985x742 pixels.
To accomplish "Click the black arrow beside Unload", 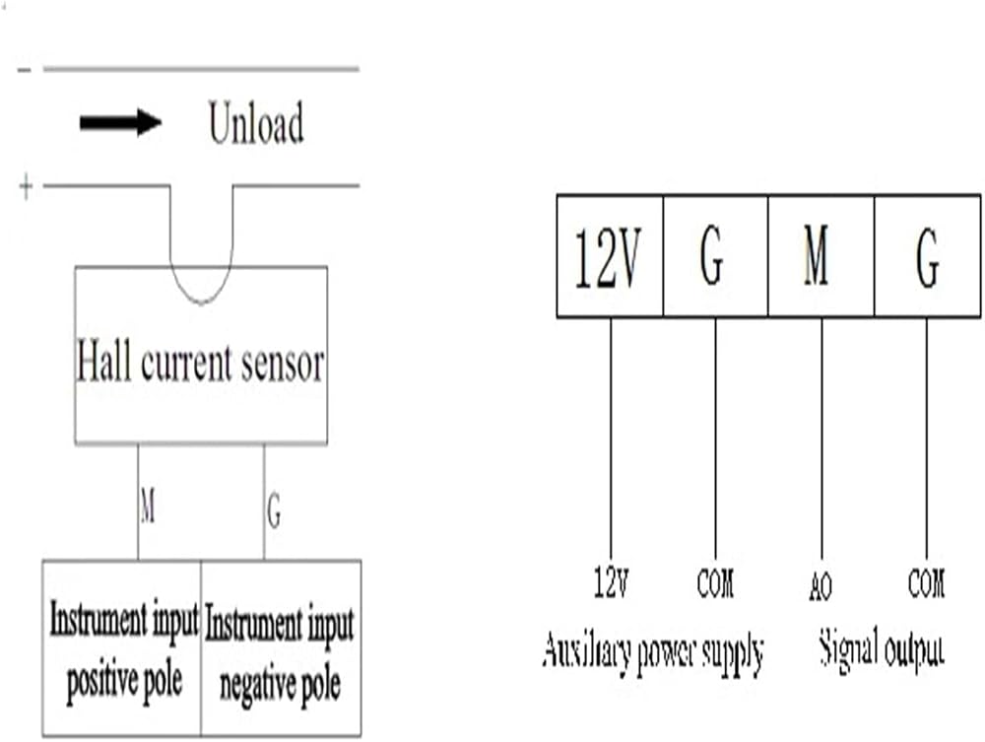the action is [x=120, y=122].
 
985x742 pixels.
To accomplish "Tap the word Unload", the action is [x=256, y=122].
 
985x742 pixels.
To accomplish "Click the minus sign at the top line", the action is [x=25, y=70].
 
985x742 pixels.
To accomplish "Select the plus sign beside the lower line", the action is [x=26, y=186].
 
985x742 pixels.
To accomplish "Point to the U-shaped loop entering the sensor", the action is [x=202, y=303].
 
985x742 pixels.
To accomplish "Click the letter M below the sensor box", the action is [x=148, y=506].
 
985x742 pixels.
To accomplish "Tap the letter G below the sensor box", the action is [x=274, y=510].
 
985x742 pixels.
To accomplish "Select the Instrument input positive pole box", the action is [x=122, y=647].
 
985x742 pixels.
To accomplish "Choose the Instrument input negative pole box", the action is [x=281, y=647].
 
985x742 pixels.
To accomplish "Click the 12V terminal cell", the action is [x=610, y=256].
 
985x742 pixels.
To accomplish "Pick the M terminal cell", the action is [x=821, y=256].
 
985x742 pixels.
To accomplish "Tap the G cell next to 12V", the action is [x=715, y=256].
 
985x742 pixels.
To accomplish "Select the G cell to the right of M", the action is [x=927, y=256].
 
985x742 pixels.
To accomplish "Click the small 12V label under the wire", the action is [x=612, y=581].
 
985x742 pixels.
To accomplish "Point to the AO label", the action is [x=821, y=586].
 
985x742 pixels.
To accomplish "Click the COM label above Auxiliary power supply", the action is [x=715, y=582].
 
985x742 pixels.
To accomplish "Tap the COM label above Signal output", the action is [x=926, y=582].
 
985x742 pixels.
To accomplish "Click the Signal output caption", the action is [x=882, y=650].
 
